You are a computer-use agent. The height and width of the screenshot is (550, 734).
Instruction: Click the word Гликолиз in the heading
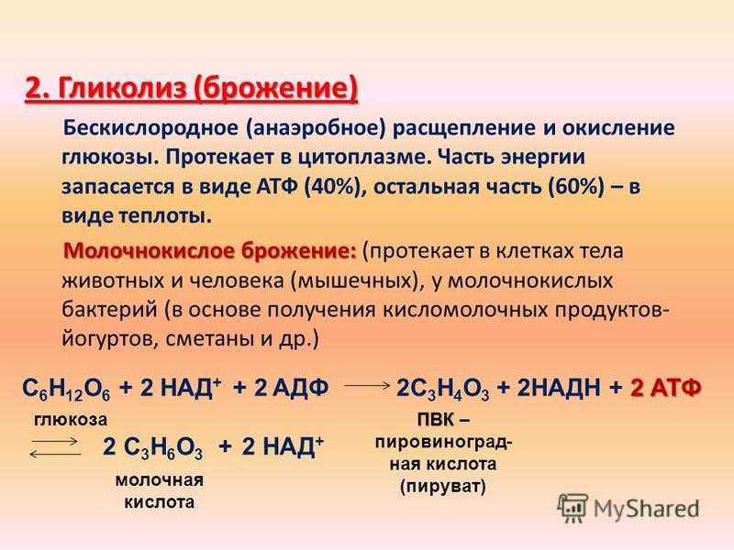pyautogui.click(x=123, y=89)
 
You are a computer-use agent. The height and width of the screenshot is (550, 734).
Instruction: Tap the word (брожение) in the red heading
pyautogui.click(x=276, y=89)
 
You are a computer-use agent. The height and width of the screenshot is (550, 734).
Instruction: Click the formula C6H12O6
pyautogui.click(x=66, y=389)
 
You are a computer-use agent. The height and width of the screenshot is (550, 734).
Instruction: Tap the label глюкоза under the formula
pyautogui.click(x=71, y=419)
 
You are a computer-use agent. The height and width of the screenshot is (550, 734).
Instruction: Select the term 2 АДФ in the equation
pyautogui.click(x=291, y=388)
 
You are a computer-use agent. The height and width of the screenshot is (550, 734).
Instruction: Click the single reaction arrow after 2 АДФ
pyautogui.click(x=368, y=386)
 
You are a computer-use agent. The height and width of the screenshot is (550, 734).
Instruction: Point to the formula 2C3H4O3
pyautogui.click(x=443, y=389)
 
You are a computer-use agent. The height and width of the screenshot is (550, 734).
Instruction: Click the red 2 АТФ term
pyautogui.click(x=666, y=388)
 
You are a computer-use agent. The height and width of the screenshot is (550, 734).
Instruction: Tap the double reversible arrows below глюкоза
pyautogui.click(x=54, y=447)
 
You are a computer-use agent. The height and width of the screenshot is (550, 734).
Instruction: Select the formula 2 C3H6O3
pyautogui.click(x=152, y=448)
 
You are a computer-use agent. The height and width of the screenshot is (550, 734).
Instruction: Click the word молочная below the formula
pyautogui.click(x=160, y=480)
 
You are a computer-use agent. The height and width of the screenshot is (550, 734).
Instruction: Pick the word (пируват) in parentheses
pyautogui.click(x=443, y=487)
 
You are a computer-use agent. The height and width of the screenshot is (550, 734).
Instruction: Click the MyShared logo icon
pyautogui.click(x=573, y=508)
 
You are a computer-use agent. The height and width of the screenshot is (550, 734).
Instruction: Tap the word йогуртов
pyautogui.click(x=110, y=338)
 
